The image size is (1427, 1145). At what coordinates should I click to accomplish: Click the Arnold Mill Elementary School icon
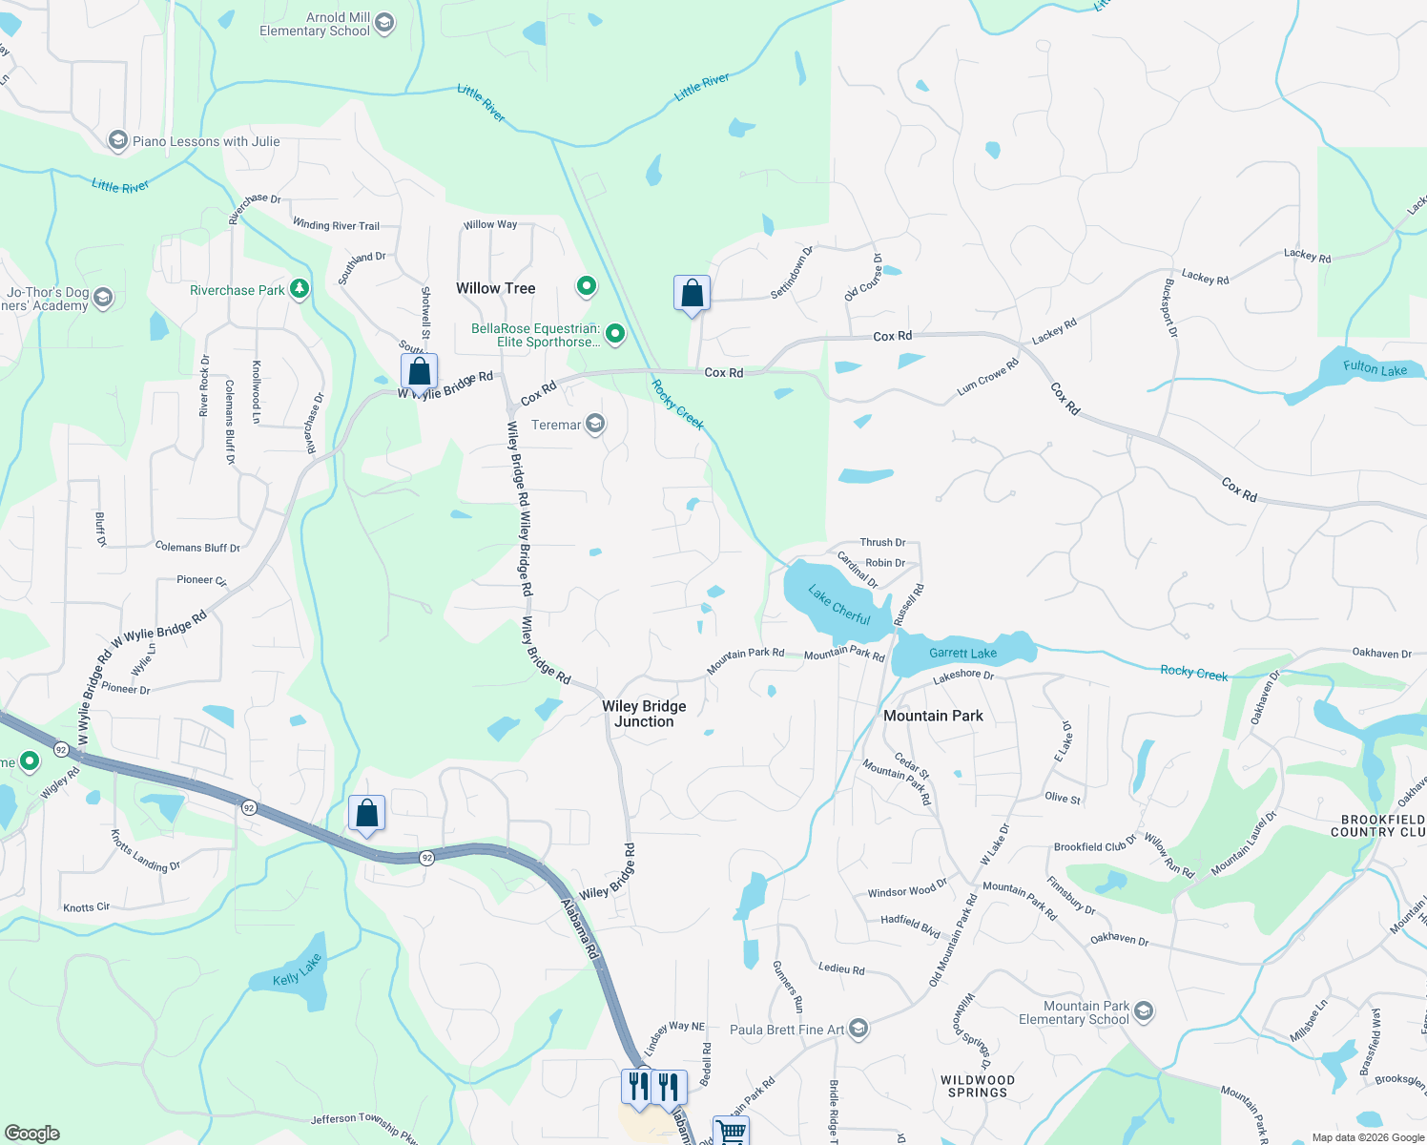tap(384, 24)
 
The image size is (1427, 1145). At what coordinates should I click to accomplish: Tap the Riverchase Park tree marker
tap(300, 289)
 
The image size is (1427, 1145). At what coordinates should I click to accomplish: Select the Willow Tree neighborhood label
tap(495, 288)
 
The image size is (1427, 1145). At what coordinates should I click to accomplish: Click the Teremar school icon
tap(595, 425)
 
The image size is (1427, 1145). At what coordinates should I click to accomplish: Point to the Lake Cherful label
tap(839, 605)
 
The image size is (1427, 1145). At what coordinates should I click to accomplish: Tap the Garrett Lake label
tap(962, 654)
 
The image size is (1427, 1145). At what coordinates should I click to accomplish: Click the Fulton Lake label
tap(1375, 368)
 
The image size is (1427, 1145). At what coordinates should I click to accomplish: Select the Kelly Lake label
tap(297, 970)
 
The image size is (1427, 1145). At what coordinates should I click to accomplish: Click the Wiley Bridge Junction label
tap(644, 714)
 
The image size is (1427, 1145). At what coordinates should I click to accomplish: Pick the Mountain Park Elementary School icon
tap(1144, 1011)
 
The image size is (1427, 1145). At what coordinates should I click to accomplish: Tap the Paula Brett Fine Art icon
tap(858, 1029)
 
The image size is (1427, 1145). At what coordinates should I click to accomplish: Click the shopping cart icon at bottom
tap(731, 1132)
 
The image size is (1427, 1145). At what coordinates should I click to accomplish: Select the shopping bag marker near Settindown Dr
tap(692, 293)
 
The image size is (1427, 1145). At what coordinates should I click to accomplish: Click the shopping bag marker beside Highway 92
tap(367, 813)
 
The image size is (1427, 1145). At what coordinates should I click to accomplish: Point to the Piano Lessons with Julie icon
tap(118, 141)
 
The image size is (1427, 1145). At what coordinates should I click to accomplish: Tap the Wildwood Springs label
tap(978, 1086)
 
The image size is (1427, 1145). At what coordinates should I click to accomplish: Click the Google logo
tap(31, 1133)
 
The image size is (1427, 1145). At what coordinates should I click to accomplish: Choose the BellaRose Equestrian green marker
tap(615, 334)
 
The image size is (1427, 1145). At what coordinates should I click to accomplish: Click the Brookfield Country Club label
tap(1382, 825)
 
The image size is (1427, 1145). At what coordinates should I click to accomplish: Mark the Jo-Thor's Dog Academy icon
tap(103, 298)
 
